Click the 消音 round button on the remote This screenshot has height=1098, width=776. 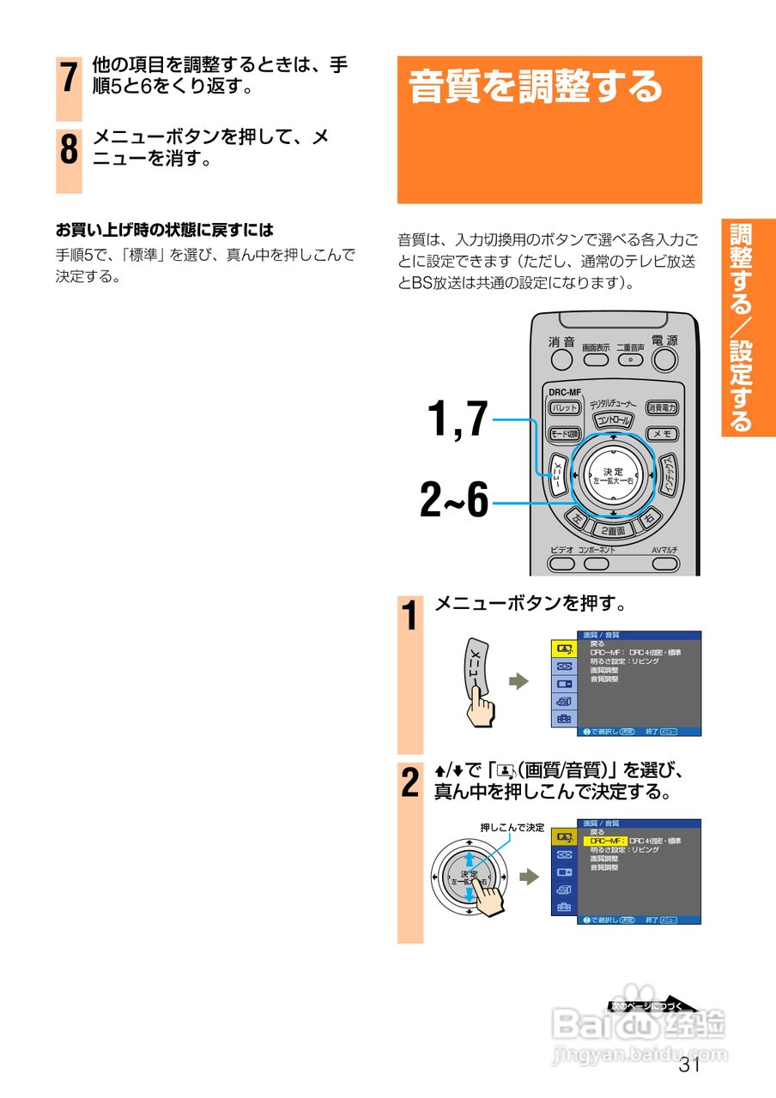(x=563, y=360)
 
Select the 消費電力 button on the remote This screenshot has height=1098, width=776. (x=663, y=407)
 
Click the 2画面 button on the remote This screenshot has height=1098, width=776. (x=613, y=530)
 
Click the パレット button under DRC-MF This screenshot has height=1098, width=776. (x=564, y=407)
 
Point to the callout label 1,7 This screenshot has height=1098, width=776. (x=457, y=419)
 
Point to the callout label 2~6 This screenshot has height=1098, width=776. (x=454, y=501)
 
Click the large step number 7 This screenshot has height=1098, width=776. (x=69, y=78)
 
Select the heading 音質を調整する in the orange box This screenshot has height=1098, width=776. (x=536, y=87)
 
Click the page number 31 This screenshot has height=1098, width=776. (x=689, y=1065)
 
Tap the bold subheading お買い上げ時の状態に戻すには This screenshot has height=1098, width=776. (x=164, y=230)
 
